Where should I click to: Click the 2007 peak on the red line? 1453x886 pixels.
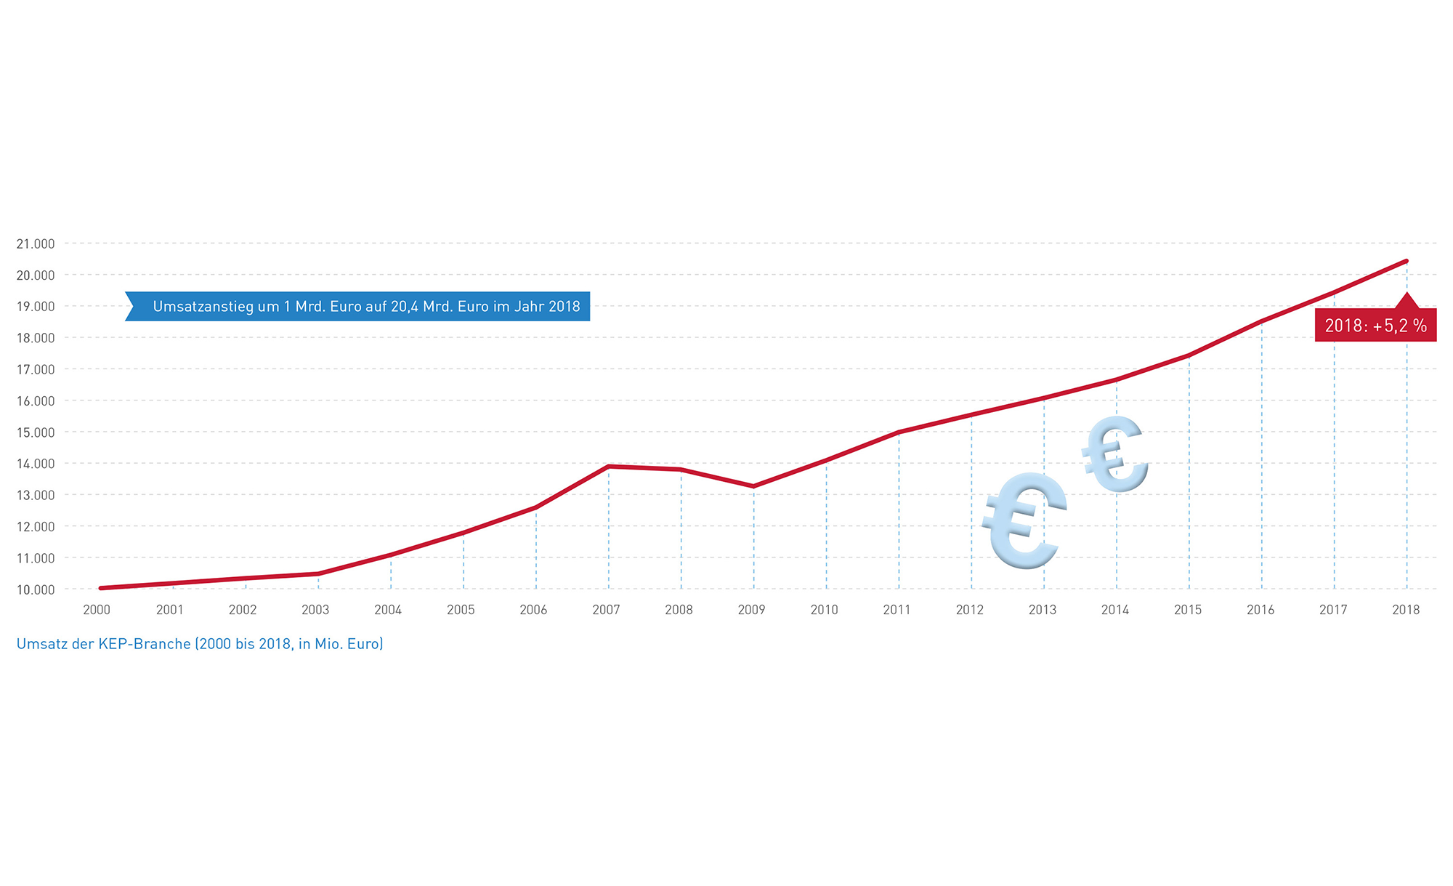point(608,466)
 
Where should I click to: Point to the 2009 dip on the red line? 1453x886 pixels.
point(753,486)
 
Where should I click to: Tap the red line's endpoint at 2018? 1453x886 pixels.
point(1407,261)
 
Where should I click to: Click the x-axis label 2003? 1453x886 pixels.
point(315,610)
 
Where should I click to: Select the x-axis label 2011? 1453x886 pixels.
point(897,610)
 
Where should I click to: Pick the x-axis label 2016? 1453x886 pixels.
point(1260,610)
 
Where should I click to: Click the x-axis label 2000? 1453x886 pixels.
point(97,610)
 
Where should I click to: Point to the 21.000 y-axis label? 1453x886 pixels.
point(36,243)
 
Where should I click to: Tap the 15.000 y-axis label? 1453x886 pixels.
point(36,432)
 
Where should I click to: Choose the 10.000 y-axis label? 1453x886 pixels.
point(36,589)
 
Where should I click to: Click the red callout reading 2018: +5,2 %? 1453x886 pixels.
point(1375,326)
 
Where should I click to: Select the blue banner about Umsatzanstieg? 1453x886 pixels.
point(358,307)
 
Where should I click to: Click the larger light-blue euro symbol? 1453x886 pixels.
point(1024,520)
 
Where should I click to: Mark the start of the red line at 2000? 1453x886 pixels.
point(100,588)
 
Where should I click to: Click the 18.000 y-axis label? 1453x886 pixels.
point(36,338)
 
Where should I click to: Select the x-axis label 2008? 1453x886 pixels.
point(679,610)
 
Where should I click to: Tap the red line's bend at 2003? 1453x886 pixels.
point(318,573)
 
